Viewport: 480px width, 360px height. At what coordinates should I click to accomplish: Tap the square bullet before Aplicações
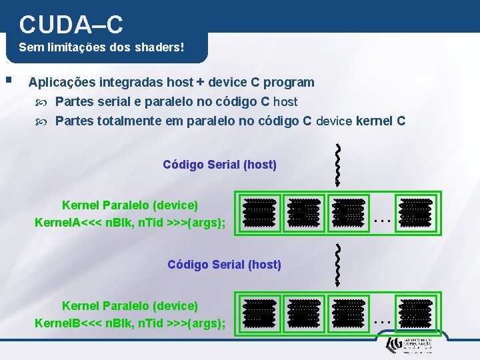(x=8, y=80)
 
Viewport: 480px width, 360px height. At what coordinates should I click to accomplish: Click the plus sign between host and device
(x=200, y=83)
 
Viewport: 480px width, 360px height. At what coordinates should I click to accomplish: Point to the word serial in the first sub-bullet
(x=111, y=102)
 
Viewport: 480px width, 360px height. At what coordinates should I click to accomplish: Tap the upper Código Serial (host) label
(x=219, y=164)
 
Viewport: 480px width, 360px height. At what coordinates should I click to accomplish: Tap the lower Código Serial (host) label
(x=224, y=265)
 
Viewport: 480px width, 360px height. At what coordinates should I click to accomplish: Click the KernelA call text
(x=129, y=222)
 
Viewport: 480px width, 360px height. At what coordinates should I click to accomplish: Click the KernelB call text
(x=129, y=323)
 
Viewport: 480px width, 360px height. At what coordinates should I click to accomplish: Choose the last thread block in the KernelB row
(x=414, y=312)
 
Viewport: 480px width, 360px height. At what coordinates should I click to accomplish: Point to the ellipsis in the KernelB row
(x=381, y=319)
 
